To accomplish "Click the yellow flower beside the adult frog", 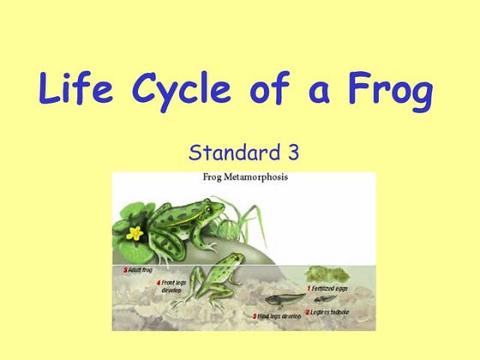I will coord(134,231).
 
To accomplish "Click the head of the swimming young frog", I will coord(231,261).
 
